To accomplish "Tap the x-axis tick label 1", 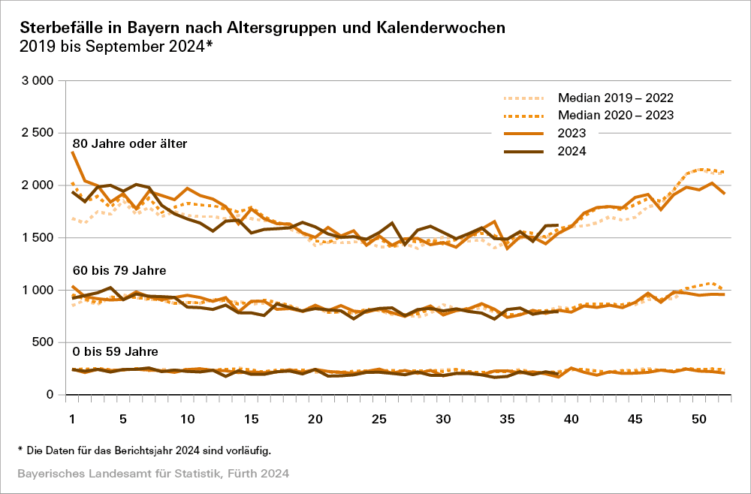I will [x=72, y=418].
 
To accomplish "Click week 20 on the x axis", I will [x=315, y=418].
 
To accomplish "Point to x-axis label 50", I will [x=698, y=418].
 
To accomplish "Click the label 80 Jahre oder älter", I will [x=130, y=143].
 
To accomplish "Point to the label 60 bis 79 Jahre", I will [x=119, y=270].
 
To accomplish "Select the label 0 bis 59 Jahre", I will [x=114, y=351].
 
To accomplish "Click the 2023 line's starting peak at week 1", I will [x=72, y=152].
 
